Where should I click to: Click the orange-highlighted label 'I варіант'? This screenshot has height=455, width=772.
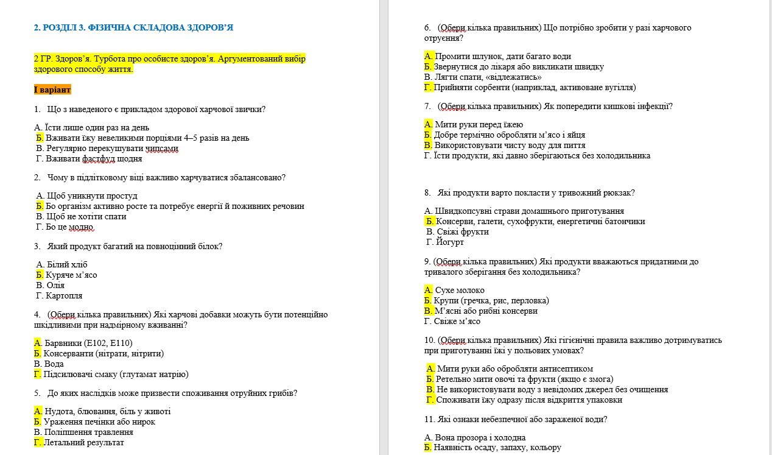52,90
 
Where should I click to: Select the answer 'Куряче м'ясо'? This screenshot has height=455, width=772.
71,275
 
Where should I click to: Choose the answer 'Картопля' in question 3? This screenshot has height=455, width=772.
64,295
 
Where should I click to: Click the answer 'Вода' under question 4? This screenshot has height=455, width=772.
54,364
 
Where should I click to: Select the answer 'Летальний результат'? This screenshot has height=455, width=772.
83,442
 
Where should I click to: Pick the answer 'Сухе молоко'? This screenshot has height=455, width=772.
460,290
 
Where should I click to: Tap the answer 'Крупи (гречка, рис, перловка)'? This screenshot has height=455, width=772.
491,300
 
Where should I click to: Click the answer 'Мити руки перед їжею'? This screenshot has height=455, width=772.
479,125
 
